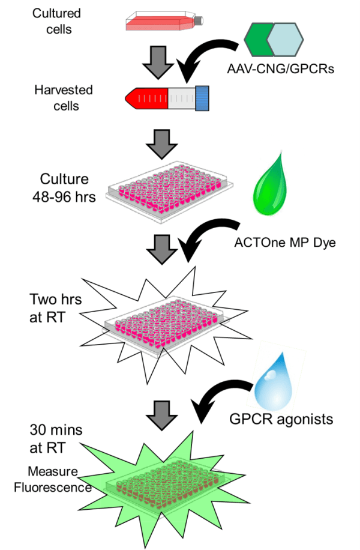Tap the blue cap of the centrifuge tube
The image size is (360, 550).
[202, 98]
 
